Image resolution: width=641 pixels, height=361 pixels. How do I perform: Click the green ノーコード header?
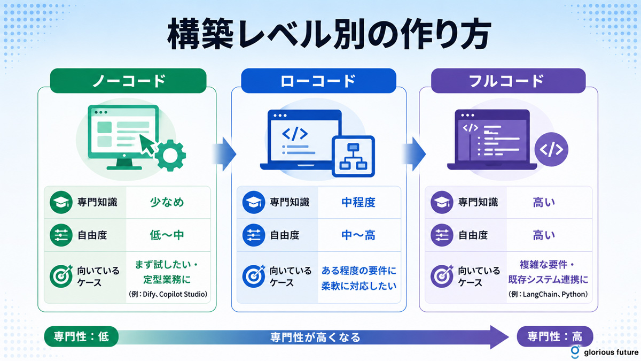[128, 81]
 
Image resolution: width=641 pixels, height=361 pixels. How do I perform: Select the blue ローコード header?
[318, 81]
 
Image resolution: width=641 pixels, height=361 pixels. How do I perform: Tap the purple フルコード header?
[508, 81]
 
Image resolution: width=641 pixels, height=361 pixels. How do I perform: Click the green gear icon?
[170, 155]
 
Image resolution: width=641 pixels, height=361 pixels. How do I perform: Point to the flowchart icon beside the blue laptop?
[354, 156]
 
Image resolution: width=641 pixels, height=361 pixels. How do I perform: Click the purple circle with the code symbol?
[551, 149]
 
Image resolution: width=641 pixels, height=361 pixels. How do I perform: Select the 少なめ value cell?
[167, 202]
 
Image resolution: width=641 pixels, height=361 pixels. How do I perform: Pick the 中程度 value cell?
[358, 202]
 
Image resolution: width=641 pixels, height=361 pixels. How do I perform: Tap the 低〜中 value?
[167, 235]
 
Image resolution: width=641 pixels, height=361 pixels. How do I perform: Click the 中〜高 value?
[358, 235]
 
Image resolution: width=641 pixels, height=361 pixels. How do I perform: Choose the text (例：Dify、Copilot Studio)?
[168, 294]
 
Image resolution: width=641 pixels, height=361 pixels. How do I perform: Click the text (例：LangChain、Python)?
[548, 294]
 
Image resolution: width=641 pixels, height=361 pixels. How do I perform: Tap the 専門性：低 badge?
[81, 336]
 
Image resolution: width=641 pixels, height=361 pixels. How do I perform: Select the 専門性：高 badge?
[555, 336]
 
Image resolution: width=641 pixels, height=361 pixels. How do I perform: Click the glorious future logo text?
[611, 352]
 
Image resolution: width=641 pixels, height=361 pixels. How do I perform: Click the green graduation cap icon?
[61, 202]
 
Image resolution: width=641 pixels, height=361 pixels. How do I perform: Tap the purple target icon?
[442, 276]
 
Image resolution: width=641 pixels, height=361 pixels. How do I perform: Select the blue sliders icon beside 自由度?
[254, 235]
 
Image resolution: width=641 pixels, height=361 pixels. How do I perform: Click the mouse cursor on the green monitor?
[147, 145]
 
